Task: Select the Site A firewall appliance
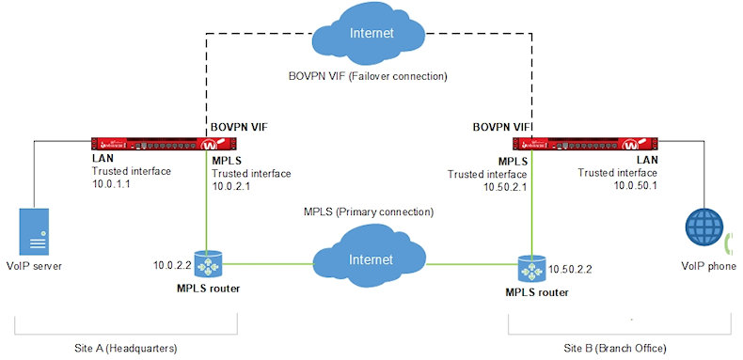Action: click(161, 145)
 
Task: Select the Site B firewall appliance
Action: click(583, 145)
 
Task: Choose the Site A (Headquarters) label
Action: click(127, 348)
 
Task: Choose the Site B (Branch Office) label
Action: click(615, 348)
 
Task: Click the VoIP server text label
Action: click(36, 266)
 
